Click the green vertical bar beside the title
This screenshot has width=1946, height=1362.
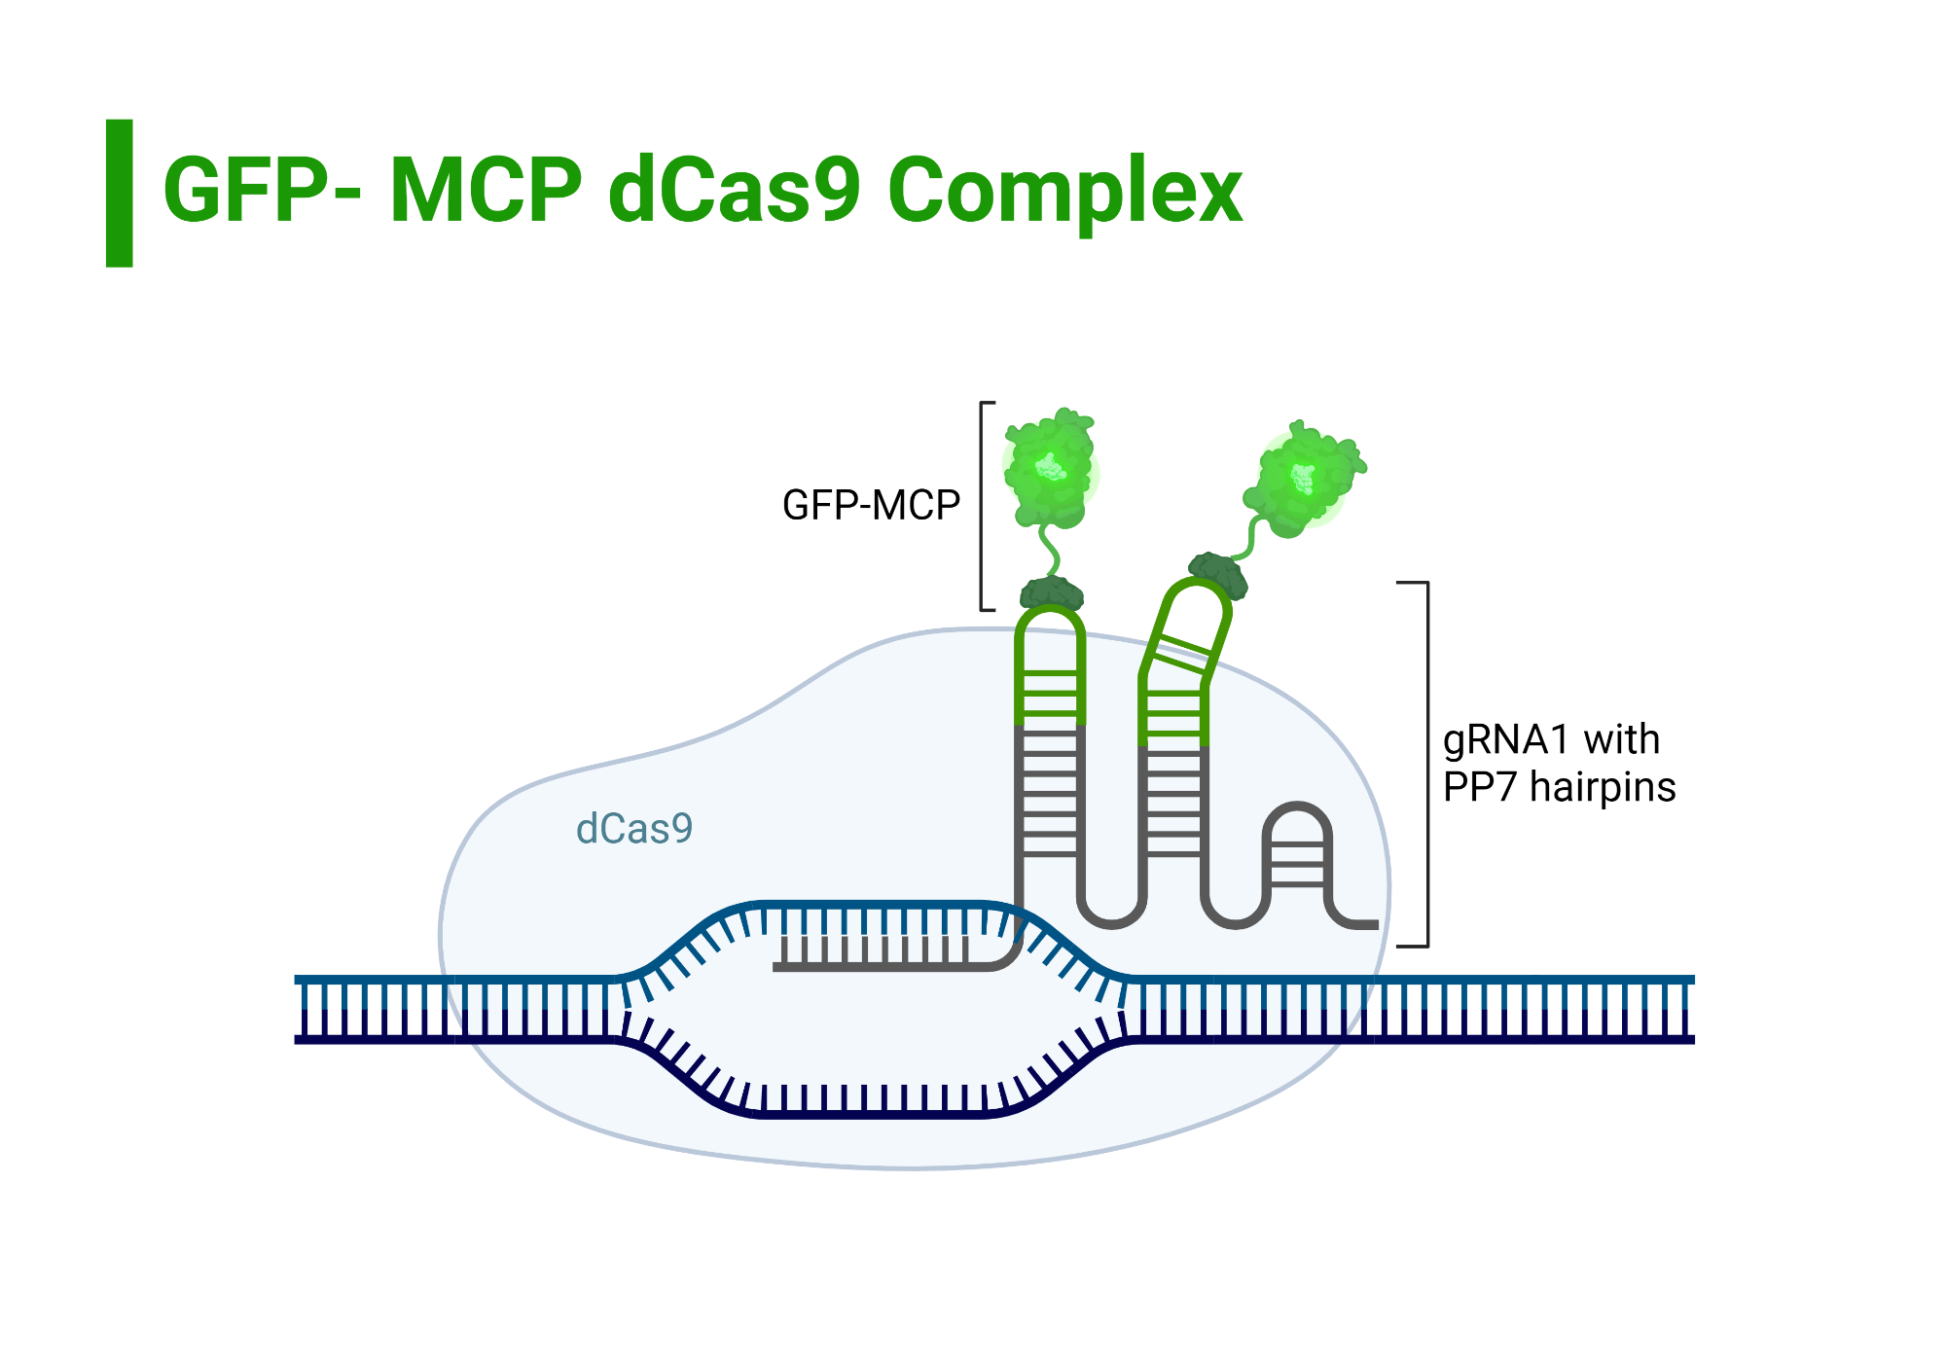point(119,193)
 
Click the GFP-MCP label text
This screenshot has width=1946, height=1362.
point(871,506)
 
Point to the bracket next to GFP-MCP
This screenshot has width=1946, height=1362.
point(983,506)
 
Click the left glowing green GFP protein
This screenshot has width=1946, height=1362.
point(1049,471)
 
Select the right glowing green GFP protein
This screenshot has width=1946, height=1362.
point(1301,481)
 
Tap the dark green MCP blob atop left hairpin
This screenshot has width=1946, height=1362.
point(1051,592)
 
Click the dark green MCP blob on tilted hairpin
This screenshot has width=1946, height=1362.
point(1217,573)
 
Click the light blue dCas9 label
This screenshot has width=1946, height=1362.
point(634,829)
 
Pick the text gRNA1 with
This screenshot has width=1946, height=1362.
point(1551,739)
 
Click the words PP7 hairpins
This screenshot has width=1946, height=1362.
point(1559,787)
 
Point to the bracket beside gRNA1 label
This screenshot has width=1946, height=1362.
point(1425,764)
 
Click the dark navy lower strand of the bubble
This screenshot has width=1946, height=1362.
point(876,1114)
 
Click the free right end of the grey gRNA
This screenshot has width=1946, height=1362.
point(1372,924)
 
